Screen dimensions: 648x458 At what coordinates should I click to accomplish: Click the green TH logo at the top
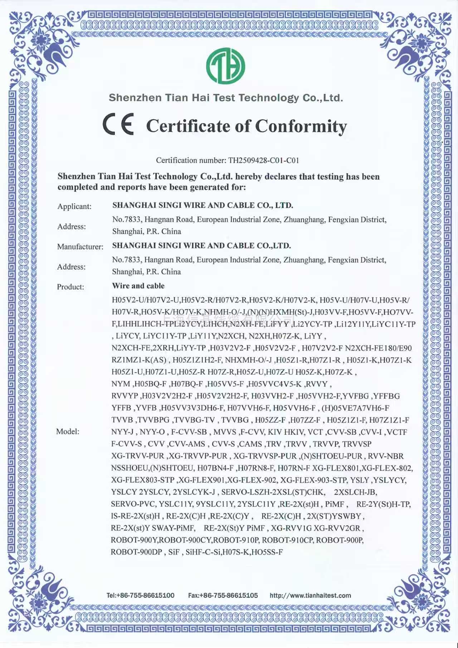225,66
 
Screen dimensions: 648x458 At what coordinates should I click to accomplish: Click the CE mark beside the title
118,124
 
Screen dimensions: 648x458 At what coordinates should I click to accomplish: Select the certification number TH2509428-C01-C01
263,160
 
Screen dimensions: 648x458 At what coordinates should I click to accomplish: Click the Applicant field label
74,206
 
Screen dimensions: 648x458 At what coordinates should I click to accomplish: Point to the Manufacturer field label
80,247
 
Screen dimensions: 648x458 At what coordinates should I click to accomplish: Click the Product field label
70,287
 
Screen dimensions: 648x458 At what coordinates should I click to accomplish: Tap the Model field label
68,432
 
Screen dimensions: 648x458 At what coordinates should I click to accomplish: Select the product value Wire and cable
138,286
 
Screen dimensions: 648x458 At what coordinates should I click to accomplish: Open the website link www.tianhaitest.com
310,595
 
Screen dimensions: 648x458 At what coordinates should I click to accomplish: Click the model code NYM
121,384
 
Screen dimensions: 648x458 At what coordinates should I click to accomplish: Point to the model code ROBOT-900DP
136,552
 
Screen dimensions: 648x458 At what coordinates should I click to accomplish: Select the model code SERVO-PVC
133,504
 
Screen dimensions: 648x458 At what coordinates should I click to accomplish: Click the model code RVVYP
125,396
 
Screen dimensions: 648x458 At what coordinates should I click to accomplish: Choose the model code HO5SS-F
267,552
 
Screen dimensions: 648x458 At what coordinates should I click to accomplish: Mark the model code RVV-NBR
386,456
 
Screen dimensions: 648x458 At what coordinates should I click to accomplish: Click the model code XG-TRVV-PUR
138,456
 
